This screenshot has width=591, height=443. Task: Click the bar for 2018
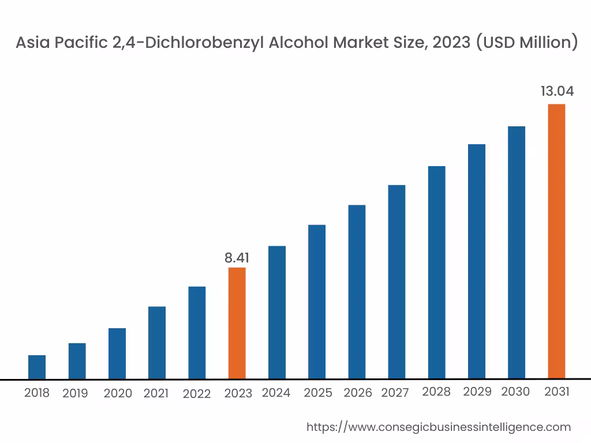pyautogui.click(x=37, y=367)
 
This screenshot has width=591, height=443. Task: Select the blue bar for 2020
pyautogui.click(x=117, y=354)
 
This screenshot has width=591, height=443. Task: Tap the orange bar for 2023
pyautogui.click(x=237, y=323)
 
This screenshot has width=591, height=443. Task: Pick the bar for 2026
pyautogui.click(x=357, y=292)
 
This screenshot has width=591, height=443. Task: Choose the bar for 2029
pyautogui.click(x=477, y=261)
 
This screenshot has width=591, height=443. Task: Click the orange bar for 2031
pyautogui.click(x=556, y=241)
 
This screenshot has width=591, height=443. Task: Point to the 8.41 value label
pyautogui.click(x=237, y=258)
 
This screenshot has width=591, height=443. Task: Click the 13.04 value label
pyautogui.click(x=557, y=92)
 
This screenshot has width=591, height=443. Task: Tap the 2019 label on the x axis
pyautogui.click(x=75, y=393)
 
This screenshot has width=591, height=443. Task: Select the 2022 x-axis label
pyautogui.click(x=197, y=393)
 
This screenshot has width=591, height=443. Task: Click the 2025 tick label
pyautogui.click(x=318, y=393)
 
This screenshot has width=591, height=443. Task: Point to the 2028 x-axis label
pyautogui.click(x=436, y=392)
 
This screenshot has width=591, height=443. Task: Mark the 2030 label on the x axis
pyautogui.click(x=515, y=392)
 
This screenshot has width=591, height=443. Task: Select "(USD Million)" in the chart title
pyautogui.click(x=526, y=43)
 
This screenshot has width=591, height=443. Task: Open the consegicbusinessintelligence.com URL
pyautogui.click(x=439, y=427)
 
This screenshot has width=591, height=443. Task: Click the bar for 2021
pyautogui.click(x=157, y=343)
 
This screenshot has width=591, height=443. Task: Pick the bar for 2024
pyautogui.click(x=277, y=313)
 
